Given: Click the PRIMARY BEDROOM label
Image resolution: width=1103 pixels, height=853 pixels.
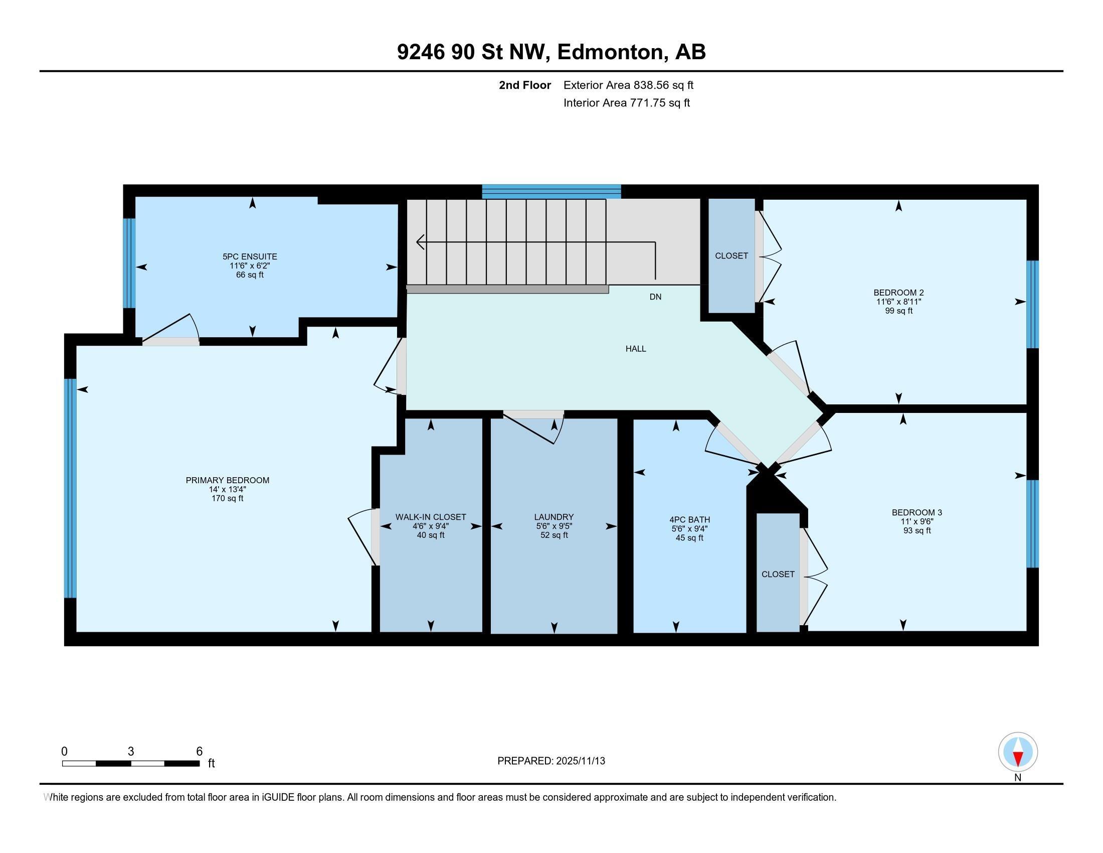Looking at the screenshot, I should pos(227,480).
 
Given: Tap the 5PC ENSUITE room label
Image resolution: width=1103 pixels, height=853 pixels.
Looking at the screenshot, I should pos(250,257).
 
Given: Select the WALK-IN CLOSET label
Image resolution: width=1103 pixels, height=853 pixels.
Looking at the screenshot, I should pos(430,517).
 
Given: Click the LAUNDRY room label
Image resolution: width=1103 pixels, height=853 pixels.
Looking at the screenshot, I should pos(554,517).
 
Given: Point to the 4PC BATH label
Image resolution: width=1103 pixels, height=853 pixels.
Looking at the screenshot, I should pos(689,519).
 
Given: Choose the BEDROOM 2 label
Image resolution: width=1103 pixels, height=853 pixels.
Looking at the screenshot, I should pos(898,293).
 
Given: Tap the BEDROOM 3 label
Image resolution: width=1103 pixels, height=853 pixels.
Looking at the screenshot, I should pos(916,512).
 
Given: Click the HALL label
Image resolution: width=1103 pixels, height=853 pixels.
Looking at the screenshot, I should pos(635,349).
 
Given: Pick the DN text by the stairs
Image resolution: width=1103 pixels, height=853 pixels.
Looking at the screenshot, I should pos(655,297).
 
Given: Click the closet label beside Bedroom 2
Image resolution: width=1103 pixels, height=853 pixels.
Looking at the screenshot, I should pos(731,256).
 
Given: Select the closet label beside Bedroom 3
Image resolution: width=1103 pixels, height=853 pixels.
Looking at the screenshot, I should pos(778,574).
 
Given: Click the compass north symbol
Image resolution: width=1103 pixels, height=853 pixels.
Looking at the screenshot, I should pos(1018,752).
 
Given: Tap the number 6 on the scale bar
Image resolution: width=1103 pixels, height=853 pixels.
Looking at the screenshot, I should pos(199,752).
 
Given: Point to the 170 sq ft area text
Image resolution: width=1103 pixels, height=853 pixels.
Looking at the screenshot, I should pos(227,498).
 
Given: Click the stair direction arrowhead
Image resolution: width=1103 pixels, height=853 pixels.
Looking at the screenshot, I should pos(420,242).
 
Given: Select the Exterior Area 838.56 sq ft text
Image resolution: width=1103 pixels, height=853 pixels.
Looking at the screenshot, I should pos(628,85).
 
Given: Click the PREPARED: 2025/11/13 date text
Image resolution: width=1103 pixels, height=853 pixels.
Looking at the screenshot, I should pos(551,761).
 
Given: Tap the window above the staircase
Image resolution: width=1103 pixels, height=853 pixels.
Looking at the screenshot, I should pos(551,192).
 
